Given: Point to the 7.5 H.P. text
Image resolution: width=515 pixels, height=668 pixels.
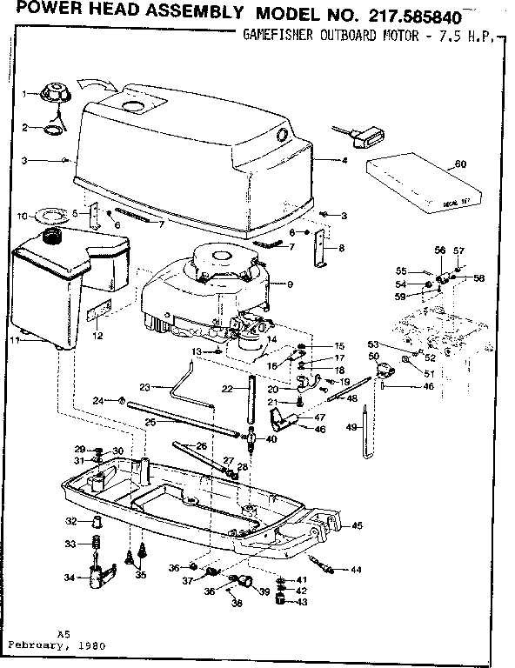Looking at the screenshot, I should (x=470, y=37).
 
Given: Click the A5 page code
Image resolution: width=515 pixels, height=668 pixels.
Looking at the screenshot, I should (x=63, y=634).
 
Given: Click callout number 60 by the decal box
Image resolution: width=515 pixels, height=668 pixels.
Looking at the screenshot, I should (x=460, y=164).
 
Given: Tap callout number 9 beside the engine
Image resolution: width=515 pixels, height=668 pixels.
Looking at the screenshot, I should (x=290, y=284).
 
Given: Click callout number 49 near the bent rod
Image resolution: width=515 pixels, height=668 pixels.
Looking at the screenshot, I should (x=351, y=427).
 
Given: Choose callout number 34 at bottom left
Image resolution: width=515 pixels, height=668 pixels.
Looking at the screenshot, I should (x=70, y=578).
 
